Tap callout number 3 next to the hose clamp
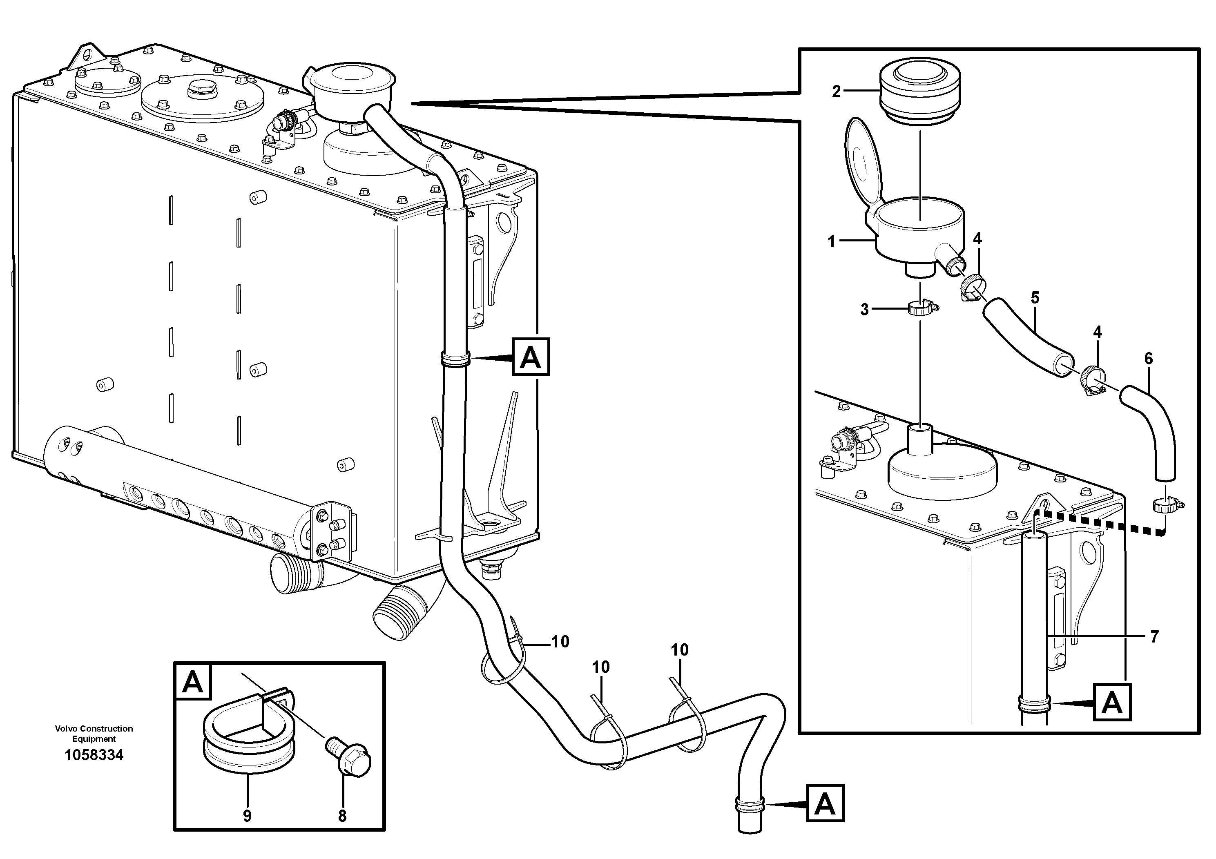tap(864, 309)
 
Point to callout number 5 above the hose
tap(1035, 298)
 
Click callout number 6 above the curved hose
tap(1148, 359)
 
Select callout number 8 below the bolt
tap(342, 816)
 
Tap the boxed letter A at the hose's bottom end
tap(825, 803)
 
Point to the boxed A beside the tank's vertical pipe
tap(531, 357)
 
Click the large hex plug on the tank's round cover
tap(202, 89)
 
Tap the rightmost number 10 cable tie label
tap(680, 650)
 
